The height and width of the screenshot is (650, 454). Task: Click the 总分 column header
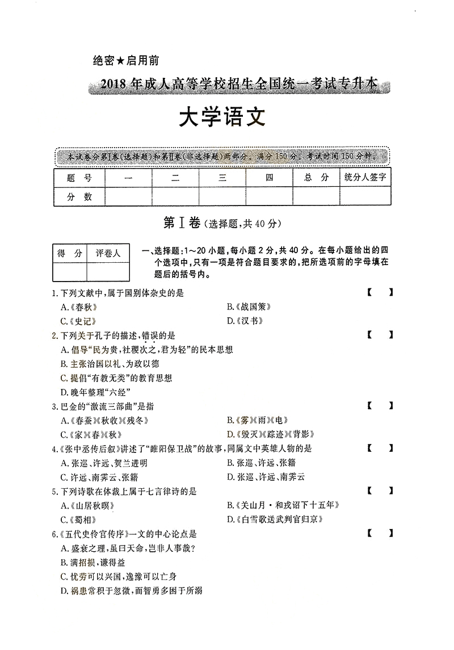[x=316, y=178]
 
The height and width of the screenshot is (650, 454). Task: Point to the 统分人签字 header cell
[x=365, y=178]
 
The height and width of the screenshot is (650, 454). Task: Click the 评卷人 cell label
[x=108, y=253]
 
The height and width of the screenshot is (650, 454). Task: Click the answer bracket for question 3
[x=380, y=406]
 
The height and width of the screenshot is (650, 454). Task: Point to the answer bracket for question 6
[x=380, y=534]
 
